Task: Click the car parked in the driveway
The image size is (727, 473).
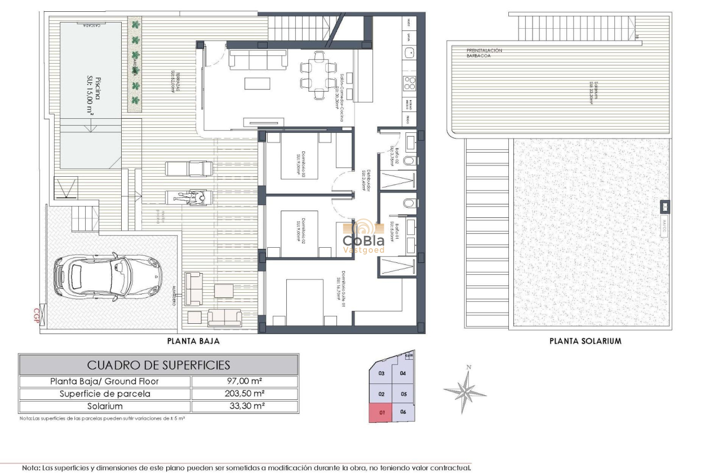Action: coord(108,276)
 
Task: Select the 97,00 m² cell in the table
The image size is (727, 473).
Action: coord(245,382)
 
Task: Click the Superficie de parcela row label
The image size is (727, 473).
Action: coord(105,394)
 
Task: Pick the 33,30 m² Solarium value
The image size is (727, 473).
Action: coord(245,406)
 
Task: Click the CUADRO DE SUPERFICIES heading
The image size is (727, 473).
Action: coord(158,365)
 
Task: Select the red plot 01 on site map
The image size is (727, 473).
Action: coord(382,412)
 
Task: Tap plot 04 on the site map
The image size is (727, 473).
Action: coord(403,373)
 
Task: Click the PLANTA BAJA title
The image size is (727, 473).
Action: coord(193,341)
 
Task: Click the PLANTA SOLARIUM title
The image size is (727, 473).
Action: coord(585,341)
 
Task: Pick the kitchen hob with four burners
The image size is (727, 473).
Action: coord(410,84)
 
